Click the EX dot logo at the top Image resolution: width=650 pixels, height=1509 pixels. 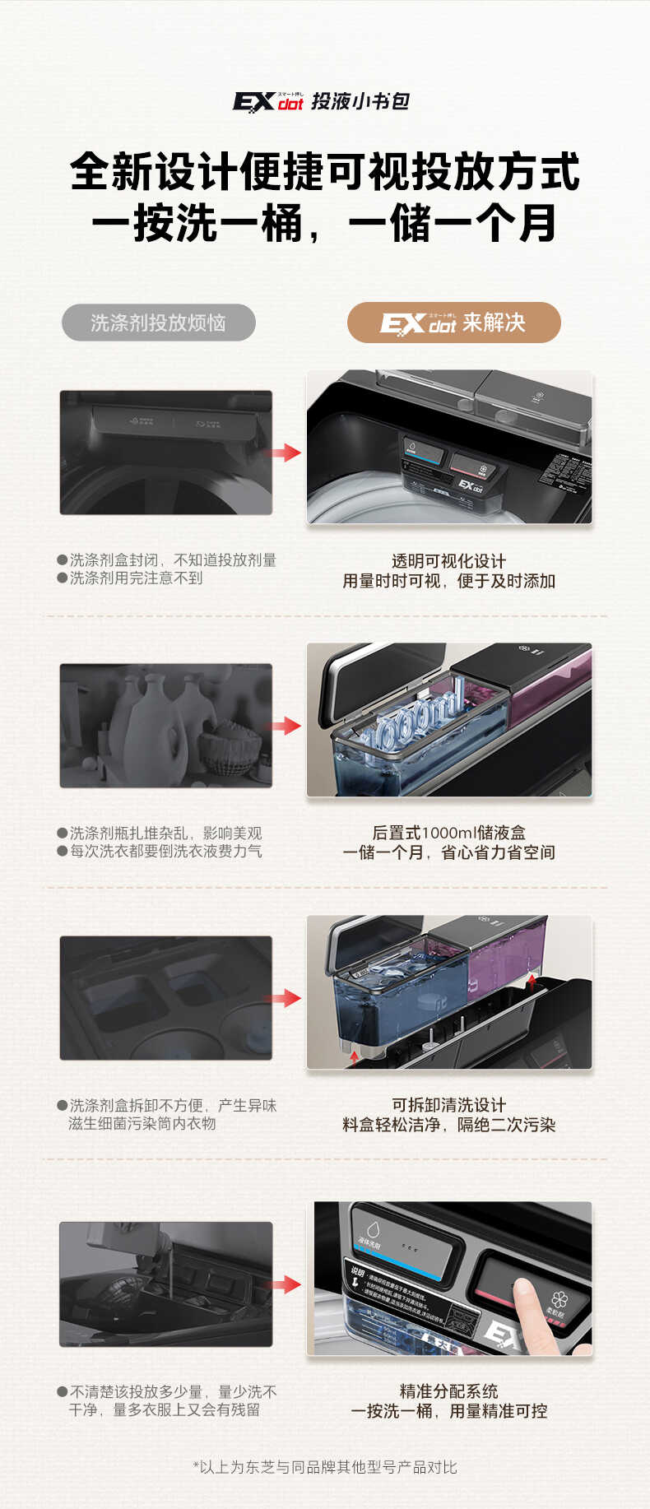click(x=267, y=101)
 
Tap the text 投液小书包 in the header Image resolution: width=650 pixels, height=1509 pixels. click(x=360, y=101)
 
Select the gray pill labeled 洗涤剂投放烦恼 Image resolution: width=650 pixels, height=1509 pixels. click(x=158, y=323)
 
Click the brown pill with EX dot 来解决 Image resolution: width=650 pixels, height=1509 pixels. click(x=453, y=323)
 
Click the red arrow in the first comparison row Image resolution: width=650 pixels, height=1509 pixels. click(x=283, y=453)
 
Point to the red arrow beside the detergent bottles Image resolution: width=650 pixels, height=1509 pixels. click(x=285, y=726)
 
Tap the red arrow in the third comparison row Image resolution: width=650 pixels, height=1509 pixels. click(x=283, y=998)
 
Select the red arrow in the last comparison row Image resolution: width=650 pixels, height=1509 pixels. click(x=285, y=1284)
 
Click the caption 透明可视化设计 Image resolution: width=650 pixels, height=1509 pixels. click(x=448, y=561)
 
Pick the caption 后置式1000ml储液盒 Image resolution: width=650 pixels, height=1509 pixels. click(x=448, y=833)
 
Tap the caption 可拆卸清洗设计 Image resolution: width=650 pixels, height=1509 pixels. click(x=448, y=1105)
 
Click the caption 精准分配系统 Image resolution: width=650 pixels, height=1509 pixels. click(x=448, y=1391)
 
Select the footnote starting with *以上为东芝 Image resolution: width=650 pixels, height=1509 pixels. click(x=325, y=1467)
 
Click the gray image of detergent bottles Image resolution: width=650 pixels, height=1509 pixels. click(x=165, y=726)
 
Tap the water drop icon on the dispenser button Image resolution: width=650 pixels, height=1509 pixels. click(x=373, y=1230)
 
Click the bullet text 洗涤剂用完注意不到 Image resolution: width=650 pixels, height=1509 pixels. click(x=136, y=578)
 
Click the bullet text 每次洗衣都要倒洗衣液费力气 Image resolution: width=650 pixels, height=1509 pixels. click(x=165, y=852)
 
